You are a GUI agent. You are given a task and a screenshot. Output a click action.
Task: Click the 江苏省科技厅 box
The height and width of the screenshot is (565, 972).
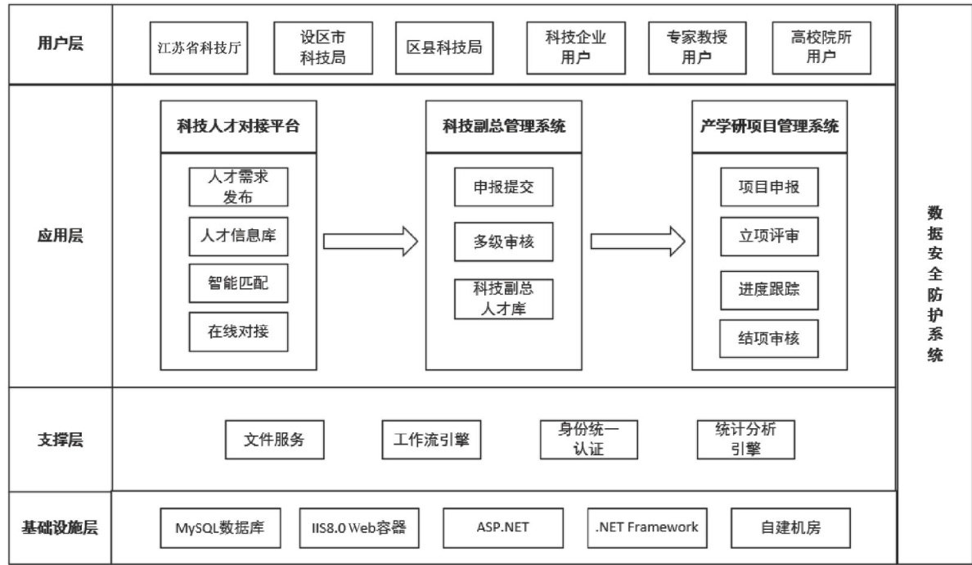198,47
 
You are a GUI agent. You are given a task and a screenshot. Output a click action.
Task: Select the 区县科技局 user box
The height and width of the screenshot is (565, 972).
444,47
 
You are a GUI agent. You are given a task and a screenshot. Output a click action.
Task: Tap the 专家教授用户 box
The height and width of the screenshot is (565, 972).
697,47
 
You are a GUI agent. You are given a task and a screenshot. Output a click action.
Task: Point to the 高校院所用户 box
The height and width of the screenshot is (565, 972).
821,47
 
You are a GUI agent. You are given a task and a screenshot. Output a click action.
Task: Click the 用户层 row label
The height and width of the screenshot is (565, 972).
60,43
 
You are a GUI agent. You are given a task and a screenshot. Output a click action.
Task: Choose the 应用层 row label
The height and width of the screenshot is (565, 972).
60,236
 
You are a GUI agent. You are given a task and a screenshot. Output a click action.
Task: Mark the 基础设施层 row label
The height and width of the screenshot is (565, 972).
60,528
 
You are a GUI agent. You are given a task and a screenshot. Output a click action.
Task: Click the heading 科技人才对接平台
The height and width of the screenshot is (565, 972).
239,127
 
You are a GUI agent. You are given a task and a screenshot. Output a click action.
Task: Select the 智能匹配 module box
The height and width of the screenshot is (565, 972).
239,283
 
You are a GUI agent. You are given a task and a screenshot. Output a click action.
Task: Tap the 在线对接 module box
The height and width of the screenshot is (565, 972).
239,332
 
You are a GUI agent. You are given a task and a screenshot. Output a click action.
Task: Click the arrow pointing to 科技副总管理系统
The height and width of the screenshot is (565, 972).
371,242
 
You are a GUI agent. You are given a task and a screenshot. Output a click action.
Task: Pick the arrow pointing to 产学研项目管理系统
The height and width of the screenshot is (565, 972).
638,242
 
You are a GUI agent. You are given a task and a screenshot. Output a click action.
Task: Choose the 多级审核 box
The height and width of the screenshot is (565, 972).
503,242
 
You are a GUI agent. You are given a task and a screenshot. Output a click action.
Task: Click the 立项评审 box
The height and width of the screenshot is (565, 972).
769,237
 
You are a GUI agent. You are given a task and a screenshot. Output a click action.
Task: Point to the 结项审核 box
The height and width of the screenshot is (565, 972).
769,339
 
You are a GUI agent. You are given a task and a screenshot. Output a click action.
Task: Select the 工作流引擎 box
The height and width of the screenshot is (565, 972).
431,440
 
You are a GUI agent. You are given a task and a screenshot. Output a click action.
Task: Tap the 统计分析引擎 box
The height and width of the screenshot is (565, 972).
745,440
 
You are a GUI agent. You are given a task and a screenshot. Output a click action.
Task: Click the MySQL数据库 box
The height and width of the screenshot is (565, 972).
220,528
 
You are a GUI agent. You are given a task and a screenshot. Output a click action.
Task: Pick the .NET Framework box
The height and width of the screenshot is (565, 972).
647,528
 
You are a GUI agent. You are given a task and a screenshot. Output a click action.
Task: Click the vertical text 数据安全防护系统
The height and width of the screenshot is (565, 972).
935,284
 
